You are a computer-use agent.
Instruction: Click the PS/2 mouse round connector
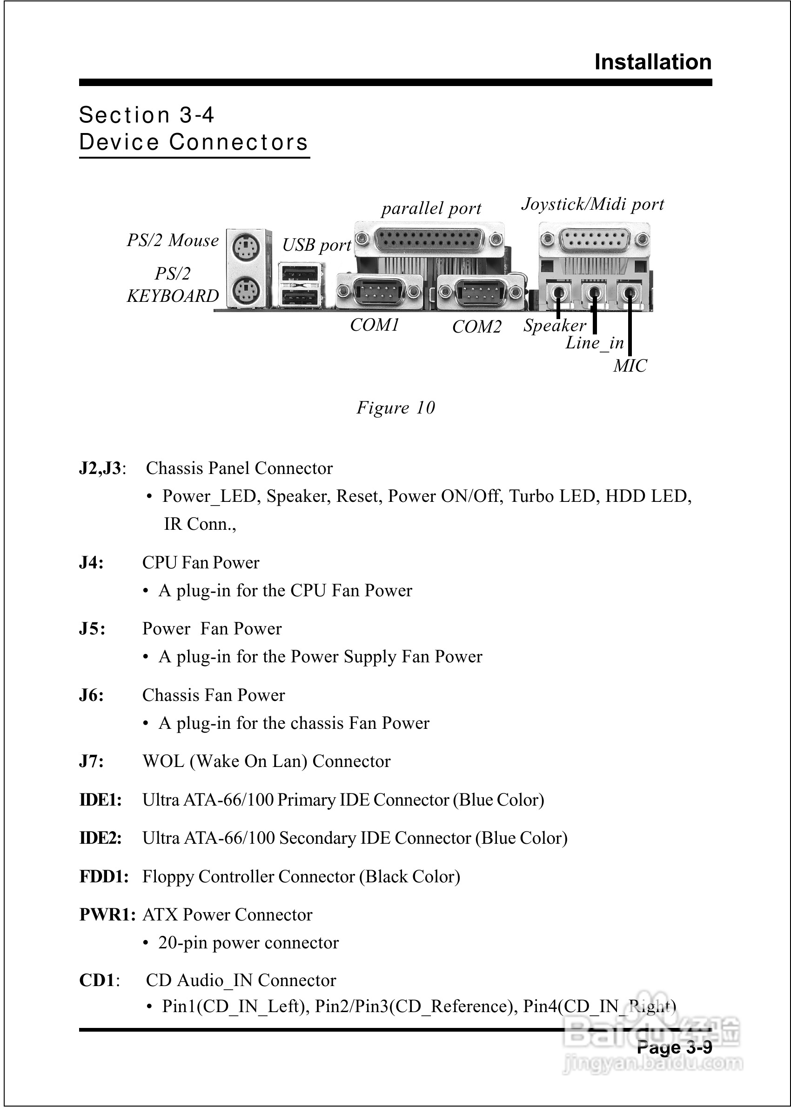pyautogui.click(x=246, y=247)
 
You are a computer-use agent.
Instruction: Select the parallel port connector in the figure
pyautogui.click(x=429, y=240)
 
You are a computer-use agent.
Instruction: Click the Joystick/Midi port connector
pyautogui.click(x=594, y=240)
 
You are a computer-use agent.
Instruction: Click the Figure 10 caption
pyautogui.click(x=395, y=407)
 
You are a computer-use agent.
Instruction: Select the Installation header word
pyautogui.click(x=653, y=62)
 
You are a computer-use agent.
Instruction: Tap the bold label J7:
pyautogui.click(x=92, y=761)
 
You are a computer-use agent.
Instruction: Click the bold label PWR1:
pyautogui.click(x=107, y=914)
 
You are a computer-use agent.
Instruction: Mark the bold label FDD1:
pyautogui.click(x=104, y=876)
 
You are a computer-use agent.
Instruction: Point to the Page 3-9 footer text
pyautogui.click(x=674, y=1047)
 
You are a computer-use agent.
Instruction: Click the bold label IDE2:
pyautogui.click(x=101, y=838)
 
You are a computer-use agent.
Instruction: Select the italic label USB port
pyautogui.click(x=316, y=245)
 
